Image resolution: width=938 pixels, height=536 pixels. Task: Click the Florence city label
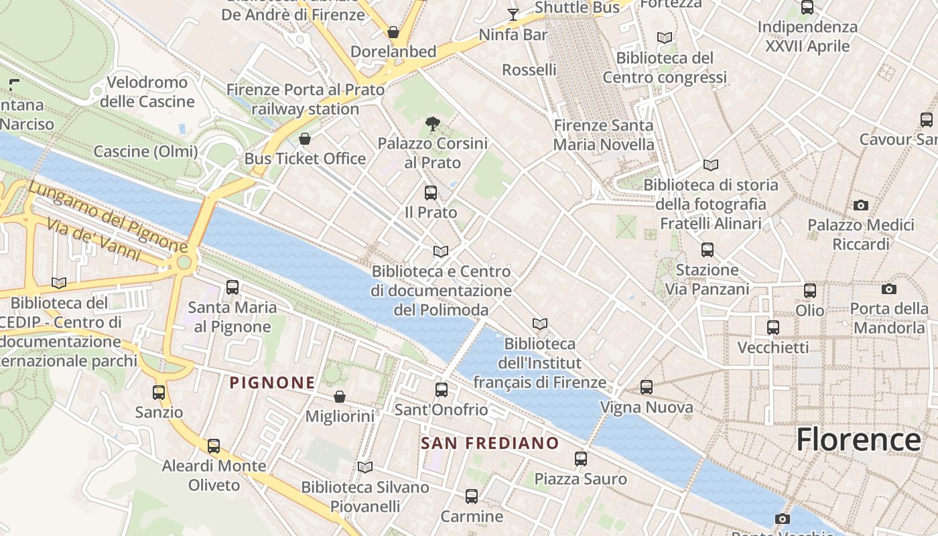pos(858,440)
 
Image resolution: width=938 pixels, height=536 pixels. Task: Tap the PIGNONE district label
pos(272,383)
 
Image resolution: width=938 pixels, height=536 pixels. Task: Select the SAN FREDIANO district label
pos(490,443)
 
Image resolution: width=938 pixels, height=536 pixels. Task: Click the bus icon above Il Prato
pos(431,193)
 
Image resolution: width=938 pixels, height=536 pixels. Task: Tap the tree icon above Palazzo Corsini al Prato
pos(432,123)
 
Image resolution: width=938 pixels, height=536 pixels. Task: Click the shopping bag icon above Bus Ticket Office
pos(305,139)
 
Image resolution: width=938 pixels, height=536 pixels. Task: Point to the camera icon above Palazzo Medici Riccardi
pos(861,205)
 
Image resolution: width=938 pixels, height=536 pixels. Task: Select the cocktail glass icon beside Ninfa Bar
pos(513,14)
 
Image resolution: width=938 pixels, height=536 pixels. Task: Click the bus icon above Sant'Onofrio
pos(441,389)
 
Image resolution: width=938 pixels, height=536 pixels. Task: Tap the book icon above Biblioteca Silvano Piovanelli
pos(365,467)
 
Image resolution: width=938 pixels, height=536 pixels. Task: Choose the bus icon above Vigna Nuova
pos(646,387)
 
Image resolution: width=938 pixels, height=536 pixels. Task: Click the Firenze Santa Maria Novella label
pos(604,135)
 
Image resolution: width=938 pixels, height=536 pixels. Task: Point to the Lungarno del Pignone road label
pos(108,216)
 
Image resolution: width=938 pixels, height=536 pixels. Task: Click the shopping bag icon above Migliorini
pos(340,397)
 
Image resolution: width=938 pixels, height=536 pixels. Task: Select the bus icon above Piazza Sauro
pos(581,459)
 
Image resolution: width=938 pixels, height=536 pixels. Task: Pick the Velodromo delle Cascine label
pos(147,92)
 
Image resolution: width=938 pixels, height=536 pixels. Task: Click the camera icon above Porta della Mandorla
pos(889,289)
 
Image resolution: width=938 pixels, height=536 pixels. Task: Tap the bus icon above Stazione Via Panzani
pos(707,250)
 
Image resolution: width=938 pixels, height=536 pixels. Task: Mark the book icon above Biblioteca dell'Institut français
pos(539,324)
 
